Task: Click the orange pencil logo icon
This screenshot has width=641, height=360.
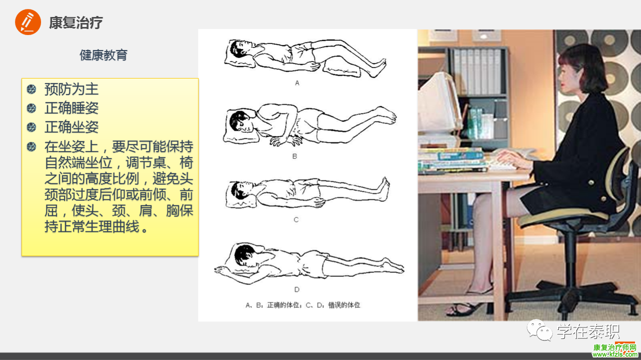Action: pos(28,22)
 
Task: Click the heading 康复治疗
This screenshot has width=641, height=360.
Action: pos(76,23)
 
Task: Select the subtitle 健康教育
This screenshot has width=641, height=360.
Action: pos(103,55)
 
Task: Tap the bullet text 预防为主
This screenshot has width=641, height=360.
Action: pos(71,89)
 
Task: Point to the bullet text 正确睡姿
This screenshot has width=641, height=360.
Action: pos(71,108)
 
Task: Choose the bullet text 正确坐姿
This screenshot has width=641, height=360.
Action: pos(71,127)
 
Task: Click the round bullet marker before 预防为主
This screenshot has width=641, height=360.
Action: pos(32,89)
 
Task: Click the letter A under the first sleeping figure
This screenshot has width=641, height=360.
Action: pos(297,83)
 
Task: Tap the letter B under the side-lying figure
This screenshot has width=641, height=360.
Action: pos(295,156)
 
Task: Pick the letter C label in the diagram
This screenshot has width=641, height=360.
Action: pos(296,220)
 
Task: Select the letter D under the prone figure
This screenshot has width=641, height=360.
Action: pos(297,289)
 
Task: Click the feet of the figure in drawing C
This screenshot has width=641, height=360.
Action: pos(383,189)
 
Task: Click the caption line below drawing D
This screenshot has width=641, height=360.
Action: pos(303,305)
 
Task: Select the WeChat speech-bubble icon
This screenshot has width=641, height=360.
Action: pos(540,330)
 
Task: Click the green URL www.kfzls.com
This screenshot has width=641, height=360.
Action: pos(615,354)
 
